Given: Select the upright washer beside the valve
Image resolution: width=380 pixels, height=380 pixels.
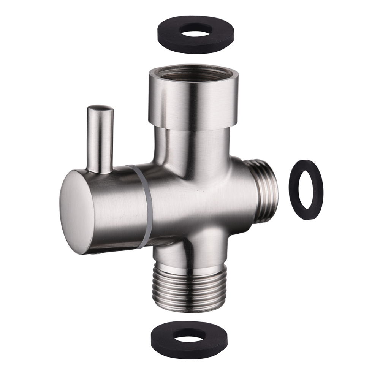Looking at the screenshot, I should click(294, 190).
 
